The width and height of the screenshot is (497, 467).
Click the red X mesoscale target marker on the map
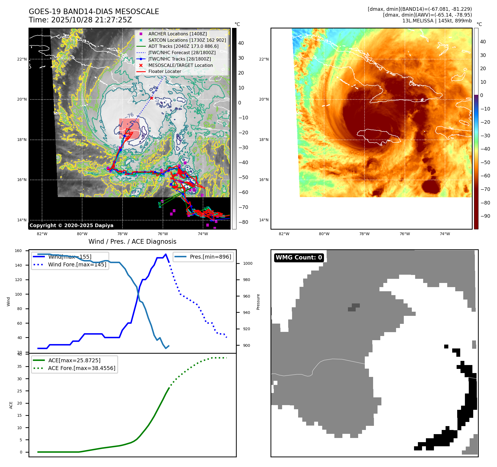pyautogui.click(x=152, y=98)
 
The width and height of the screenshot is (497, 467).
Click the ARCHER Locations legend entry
pyautogui.click(x=177, y=34)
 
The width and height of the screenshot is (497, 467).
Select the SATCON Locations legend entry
pyautogui.click(x=187, y=40)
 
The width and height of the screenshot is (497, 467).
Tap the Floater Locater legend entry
pyautogui.click(x=165, y=71)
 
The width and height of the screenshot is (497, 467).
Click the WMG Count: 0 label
pyautogui.click(x=299, y=258)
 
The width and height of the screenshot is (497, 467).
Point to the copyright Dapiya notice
pyautogui.click(x=71, y=225)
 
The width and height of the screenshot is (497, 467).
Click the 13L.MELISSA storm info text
pyautogui.click(x=437, y=21)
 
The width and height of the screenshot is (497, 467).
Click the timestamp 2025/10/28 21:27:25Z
pyautogui.click(x=92, y=20)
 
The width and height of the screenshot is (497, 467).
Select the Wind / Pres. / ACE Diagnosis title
pyautogui.click(x=132, y=242)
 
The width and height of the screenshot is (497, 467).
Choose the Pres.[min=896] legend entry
pyautogui.click(x=210, y=257)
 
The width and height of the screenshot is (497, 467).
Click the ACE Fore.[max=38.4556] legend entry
pyautogui.click(x=82, y=368)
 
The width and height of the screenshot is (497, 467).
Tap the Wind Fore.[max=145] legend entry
pyautogui.click(x=77, y=264)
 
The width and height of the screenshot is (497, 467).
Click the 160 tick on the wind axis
pyautogui.click(x=18, y=251)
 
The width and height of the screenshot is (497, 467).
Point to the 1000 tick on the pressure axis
pyautogui.click(x=248, y=263)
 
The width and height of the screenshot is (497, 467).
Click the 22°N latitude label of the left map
pyautogui.click(x=22, y=59)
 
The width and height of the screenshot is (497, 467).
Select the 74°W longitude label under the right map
pyautogui.click(x=445, y=234)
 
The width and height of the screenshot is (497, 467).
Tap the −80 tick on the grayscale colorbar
pyautogui.click(x=243, y=222)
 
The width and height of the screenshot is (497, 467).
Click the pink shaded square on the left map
pyautogui.click(x=129, y=128)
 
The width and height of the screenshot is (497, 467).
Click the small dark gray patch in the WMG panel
pyautogui.click(x=354, y=307)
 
